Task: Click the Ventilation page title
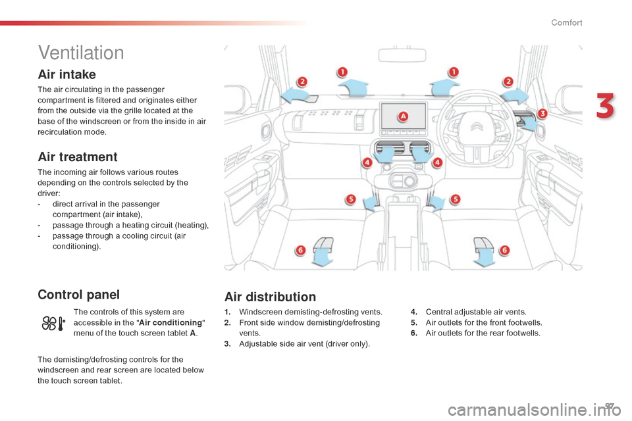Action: (81, 52)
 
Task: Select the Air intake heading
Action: (67, 74)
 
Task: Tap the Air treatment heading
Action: (78, 157)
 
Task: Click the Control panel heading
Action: (78, 294)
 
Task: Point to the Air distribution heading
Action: (270, 297)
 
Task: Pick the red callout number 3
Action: (542, 114)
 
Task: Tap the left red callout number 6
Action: (300, 250)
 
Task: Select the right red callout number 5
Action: (456, 198)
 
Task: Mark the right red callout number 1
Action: (454, 72)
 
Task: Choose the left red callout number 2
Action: (302, 82)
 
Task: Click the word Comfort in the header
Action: (566, 23)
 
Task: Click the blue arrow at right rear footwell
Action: (486, 253)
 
